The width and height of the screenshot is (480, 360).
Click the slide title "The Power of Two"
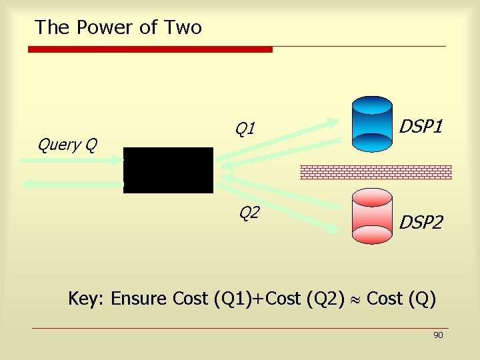point(118,27)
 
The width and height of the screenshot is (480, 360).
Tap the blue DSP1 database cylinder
point(372,124)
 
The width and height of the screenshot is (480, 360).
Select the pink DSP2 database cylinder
point(372,216)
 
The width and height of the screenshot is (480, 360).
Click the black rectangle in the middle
point(168,170)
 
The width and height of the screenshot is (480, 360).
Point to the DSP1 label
point(421,127)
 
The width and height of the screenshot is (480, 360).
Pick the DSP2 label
point(421,223)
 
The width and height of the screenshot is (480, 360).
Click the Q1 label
point(245,127)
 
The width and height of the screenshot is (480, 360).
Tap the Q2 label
point(249,213)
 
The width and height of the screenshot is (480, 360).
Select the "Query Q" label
point(67,144)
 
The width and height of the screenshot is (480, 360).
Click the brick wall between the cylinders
point(376,172)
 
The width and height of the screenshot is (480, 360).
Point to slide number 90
point(438,335)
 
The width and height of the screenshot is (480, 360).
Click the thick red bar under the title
point(150,49)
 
